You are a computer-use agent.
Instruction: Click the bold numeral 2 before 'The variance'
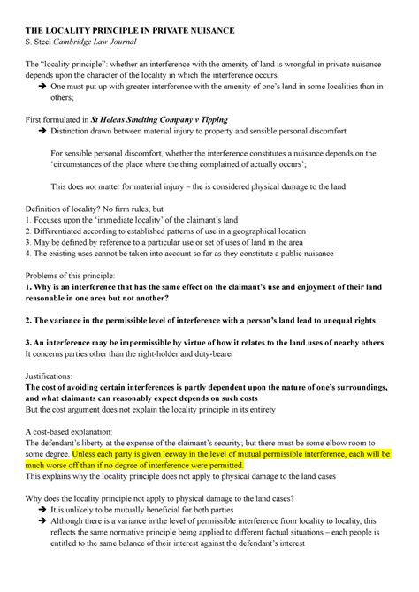pyautogui.click(x=27, y=319)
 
